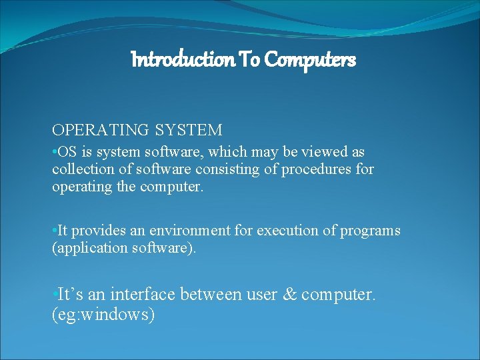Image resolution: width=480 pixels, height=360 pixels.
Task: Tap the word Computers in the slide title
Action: point(310,60)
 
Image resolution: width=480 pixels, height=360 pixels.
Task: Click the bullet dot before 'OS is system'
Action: point(54,153)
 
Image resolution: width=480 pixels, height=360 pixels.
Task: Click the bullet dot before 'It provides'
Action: point(54,231)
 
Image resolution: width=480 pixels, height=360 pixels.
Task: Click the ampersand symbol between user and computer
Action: point(290,294)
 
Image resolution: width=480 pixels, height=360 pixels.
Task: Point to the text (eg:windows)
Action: point(103,314)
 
